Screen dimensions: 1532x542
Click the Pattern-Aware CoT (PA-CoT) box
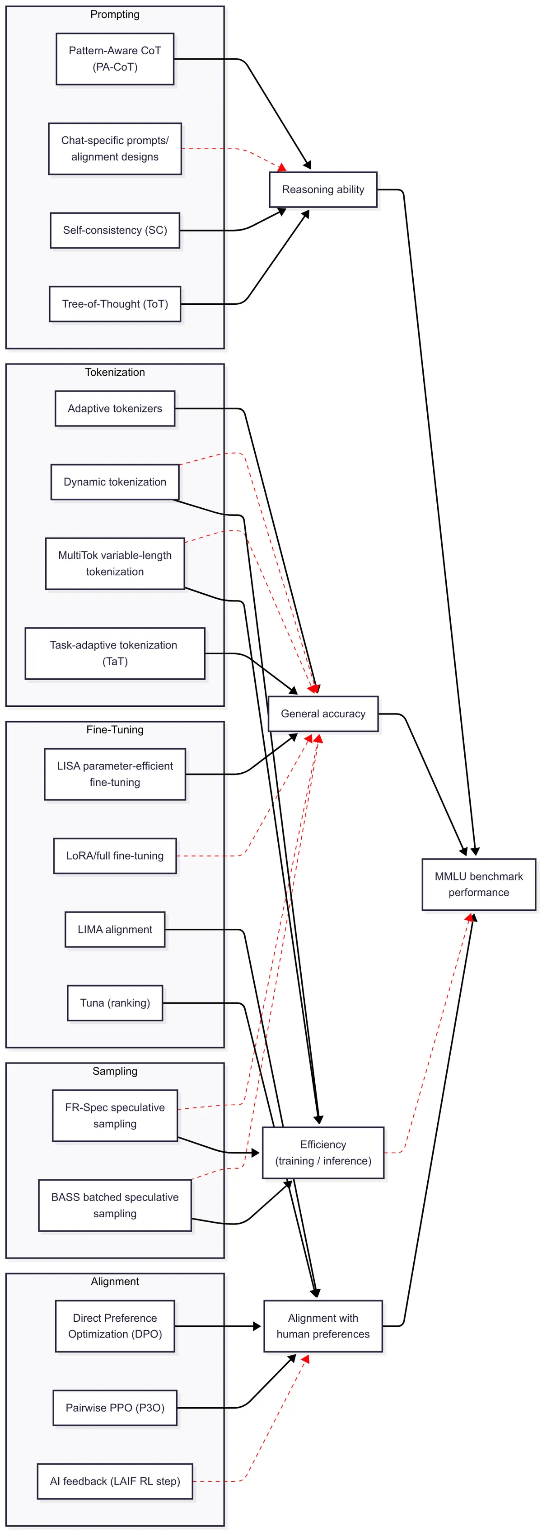click(115, 59)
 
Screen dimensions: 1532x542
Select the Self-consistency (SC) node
click(115, 230)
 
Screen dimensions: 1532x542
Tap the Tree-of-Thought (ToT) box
click(115, 304)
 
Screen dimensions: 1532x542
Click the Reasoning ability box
click(322, 190)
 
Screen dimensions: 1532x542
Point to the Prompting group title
click(115, 14)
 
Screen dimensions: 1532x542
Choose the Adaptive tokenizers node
click(115, 409)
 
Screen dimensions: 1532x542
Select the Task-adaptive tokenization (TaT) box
click(115, 653)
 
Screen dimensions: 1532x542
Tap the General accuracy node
click(322, 714)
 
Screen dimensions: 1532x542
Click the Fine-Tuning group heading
click(115, 730)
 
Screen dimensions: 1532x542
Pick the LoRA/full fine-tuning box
click(115, 856)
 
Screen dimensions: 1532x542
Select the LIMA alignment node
click(115, 930)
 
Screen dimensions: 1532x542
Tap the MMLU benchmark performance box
click(478, 884)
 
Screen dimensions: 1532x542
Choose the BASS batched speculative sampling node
click(115, 1206)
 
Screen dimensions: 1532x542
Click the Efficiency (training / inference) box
click(322, 1153)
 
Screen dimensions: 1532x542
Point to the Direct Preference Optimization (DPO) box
click(115, 1326)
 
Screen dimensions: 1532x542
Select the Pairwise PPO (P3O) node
click(115, 1408)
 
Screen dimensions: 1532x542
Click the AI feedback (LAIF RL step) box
click(115, 1481)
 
